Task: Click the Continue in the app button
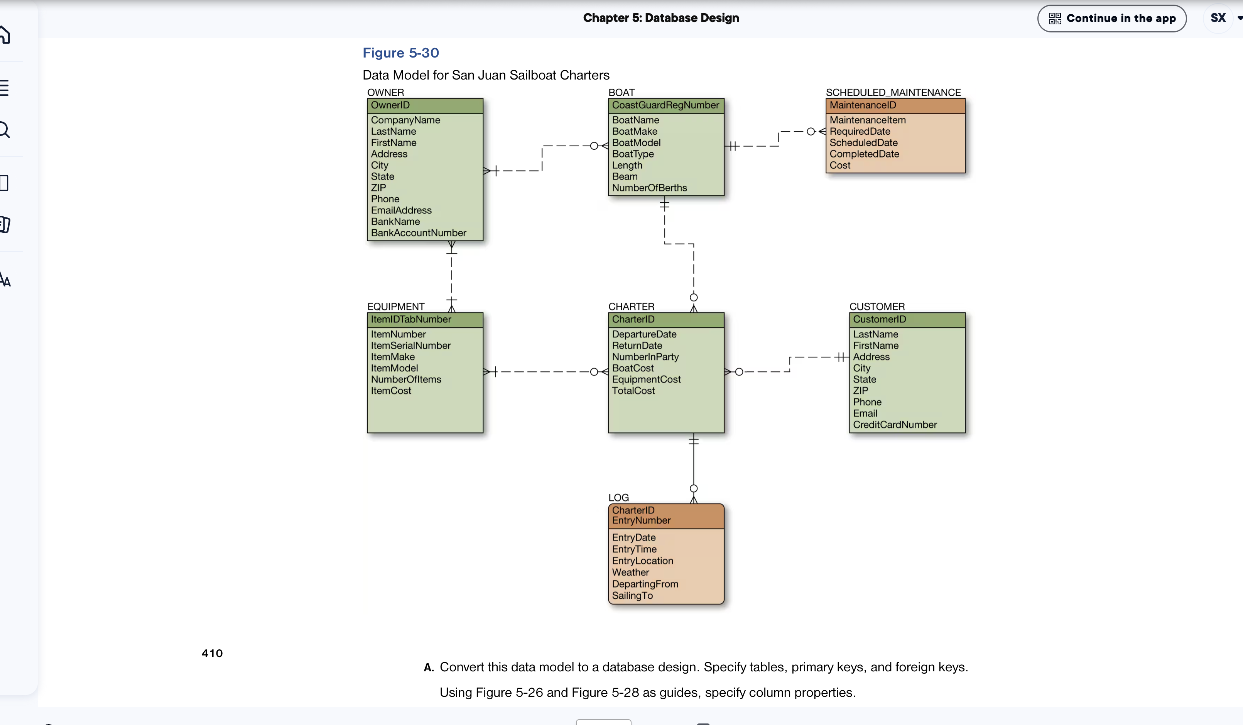tap(1111, 18)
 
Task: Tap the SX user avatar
tap(1218, 18)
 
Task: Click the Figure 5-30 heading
tap(400, 53)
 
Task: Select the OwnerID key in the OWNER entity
tap(390, 105)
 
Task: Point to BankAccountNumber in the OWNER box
tap(418, 233)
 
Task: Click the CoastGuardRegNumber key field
tap(665, 105)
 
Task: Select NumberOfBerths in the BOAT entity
tap(649, 188)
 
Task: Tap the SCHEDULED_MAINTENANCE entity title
tap(893, 92)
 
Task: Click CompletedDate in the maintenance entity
tap(864, 154)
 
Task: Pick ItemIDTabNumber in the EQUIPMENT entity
tap(411, 319)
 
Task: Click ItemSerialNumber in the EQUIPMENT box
tap(410, 346)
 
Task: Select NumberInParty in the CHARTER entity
tap(645, 357)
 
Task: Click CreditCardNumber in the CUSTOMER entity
tap(894, 425)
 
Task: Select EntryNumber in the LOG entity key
tap(641, 521)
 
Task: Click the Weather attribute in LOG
tap(630, 573)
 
